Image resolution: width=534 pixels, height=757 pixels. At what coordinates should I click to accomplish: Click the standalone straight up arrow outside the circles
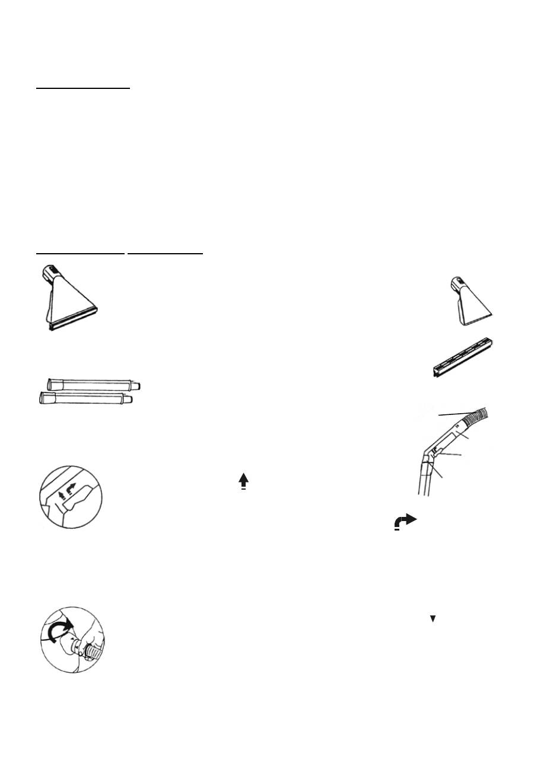tap(243, 481)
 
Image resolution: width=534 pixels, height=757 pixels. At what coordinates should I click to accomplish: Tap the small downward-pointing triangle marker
tap(433, 619)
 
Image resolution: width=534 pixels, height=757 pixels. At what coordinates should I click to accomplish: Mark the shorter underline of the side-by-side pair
tap(166, 253)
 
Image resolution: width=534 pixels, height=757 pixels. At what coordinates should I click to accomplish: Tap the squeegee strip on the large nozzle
tap(71, 322)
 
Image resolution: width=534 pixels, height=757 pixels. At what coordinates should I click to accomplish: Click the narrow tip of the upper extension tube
tap(138, 385)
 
